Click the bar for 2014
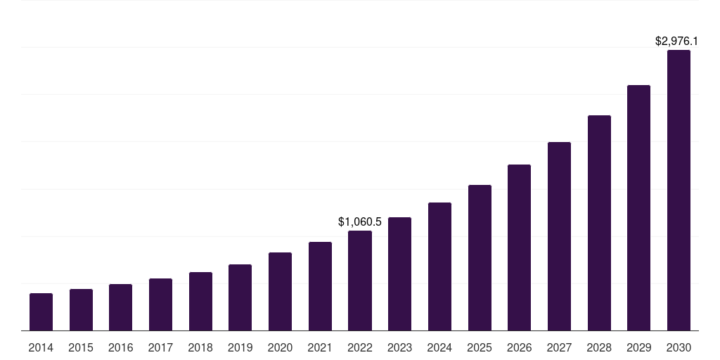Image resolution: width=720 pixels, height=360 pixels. pyautogui.click(x=41, y=312)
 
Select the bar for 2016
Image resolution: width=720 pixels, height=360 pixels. pyautogui.click(x=121, y=307)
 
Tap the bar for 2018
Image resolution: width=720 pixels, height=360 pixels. pyautogui.click(x=200, y=302)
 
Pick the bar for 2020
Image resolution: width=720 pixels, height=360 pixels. pyautogui.click(x=280, y=292)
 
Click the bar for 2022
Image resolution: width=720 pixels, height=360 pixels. pyautogui.click(x=360, y=281)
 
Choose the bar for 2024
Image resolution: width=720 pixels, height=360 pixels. pyautogui.click(x=439, y=266)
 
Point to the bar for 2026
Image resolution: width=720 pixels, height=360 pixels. pyautogui.click(x=519, y=247)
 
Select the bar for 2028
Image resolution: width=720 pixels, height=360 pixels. pyautogui.click(x=599, y=223)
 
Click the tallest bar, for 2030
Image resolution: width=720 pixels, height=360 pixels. pyautogui.click(x=679, y=191)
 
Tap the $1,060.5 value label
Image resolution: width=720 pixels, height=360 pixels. pyautogui.click(x=360, y=222)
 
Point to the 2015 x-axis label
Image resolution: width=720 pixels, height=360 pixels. pyautogui.click(x=81, y=348)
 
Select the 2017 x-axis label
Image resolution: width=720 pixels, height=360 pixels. pyautogui.click(x=160, y=348)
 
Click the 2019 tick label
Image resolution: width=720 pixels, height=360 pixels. pyautogui.click(x=240, y=348)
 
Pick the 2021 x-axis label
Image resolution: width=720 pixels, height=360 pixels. pyautogui.click(x=320, y=348)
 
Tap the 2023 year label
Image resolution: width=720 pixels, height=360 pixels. pyautogui.click(x=399, y=348)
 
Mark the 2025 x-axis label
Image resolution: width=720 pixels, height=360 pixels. pyautogui.click(x=480, y=348)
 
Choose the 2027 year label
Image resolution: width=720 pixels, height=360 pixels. pyautogui.click(x=559, y=348)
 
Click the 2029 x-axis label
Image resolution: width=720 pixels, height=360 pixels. pyautogui.click(x=638, y=348)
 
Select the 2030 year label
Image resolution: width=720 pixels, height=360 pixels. pyautogui.click(x=679, y=348)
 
